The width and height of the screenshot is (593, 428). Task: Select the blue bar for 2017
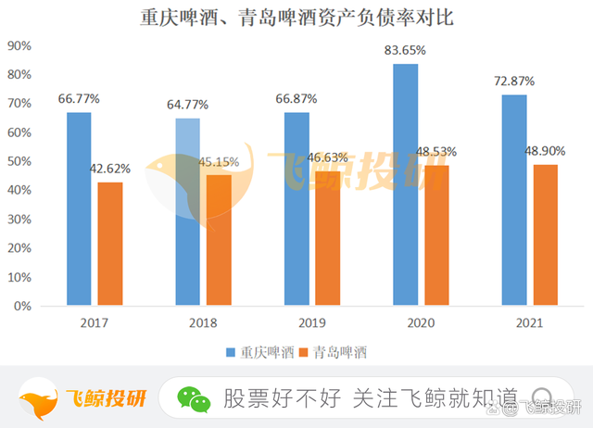pyautogui.click(x=79, y=208)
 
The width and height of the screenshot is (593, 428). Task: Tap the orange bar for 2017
pyautogui.click(x=110, y=244)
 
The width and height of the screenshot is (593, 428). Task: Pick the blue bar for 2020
pyautogui.click(x=406, y=184)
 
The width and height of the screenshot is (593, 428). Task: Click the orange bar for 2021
pyautogui.click(x=546, y=234)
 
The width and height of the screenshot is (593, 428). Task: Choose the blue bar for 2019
pyautogui.click(x=296, y=208)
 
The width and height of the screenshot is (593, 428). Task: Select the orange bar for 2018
pyautogui.click(x=219, y=240)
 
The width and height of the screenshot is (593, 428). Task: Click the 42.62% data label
pyautogui.click(x=110, y=170)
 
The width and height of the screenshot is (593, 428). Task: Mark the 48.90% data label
pyautogui.click(x=546, y=151)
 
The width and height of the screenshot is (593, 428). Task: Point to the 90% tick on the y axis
pyautogui.click(x=19, y=45)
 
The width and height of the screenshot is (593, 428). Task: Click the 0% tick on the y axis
pyautogui.click(x=22, y=306)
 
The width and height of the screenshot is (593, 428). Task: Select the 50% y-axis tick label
pyautogui.click(x=19, y=161)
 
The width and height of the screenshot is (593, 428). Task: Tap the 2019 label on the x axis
pyautogui.click(x=312, y=323)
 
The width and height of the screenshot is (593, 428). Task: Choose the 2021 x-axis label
pyautogui.click(x=530, y=323)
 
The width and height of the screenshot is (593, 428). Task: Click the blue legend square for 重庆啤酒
pyautogui.click(x=231, y=352)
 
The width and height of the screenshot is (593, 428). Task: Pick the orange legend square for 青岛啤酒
pyautogui.click(x=305, y=352)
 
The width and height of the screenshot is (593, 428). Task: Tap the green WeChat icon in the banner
pyautogui.click(x=195, y=399)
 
